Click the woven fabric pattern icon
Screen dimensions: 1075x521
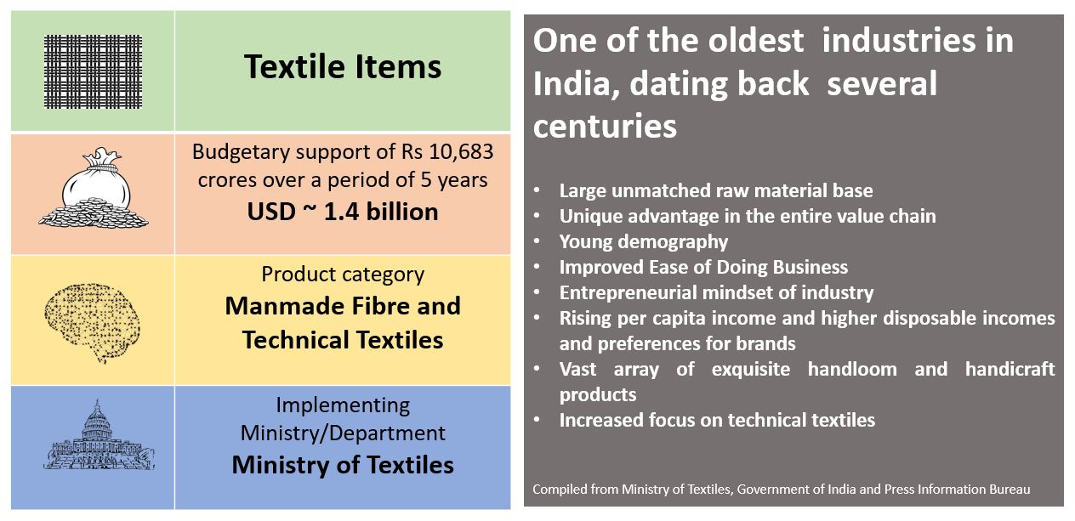click(93, 71)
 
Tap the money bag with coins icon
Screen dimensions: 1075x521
click(94, 188)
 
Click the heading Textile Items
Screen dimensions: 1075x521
click(343, 66)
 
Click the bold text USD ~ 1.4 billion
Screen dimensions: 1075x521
click(343, 212)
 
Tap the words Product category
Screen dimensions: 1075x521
click(343, 275)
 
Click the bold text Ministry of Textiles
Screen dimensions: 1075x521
click(343, 465)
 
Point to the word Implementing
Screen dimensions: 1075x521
click(343, 405)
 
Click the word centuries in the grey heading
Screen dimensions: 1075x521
click(605, 126)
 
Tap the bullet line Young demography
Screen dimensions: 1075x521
click(644, 241)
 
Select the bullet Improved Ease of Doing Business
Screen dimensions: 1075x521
click(703, 267)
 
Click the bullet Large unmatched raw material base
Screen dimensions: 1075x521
click(716, 191)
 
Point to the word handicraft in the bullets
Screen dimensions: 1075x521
click(1010, 369)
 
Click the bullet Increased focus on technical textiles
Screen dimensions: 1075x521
click(717, 420)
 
